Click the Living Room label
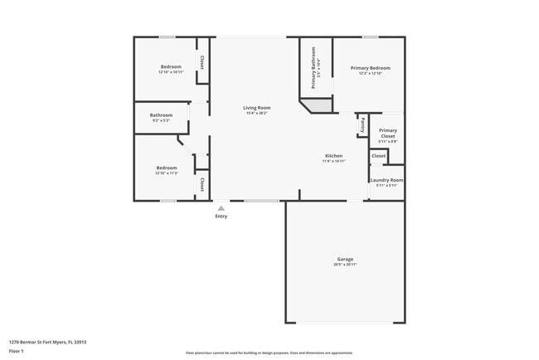[x=257, y=108]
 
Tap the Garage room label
[x=345, y=259]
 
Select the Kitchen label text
[x=333, y=156]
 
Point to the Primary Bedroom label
[x=370, y=68]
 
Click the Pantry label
[x=363, y=125]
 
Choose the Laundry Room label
[x=386, y=180]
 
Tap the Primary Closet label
[x=388, y=134]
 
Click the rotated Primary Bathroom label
[x=314, y=67]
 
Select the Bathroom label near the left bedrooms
[x=161, y=115]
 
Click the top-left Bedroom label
[x=171, y=66]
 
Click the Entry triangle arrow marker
[x=221, y=208]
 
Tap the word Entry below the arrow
[x=221, y=216]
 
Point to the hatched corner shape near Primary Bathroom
[x=316, y=106]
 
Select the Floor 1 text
[x=17, y=351]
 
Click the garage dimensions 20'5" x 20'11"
[x=345, y=265]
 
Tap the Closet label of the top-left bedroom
[x=202, y=62]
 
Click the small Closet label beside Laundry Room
[x=378, y=156]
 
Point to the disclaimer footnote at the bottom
[x=269, y=353]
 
